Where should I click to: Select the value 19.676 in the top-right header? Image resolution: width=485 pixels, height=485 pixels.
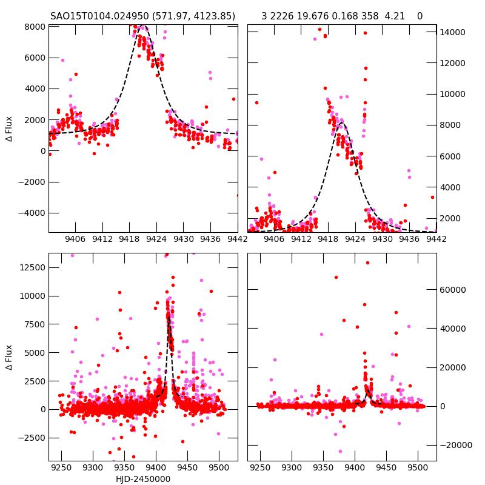(313, 16)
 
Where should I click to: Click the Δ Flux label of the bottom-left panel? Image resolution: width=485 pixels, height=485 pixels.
(9, 358)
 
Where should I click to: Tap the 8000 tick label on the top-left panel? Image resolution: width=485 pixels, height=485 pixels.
(35, 27)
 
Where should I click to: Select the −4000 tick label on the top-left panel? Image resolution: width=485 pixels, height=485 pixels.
(32, 213)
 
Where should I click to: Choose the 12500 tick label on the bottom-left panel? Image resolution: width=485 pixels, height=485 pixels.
(32, 268)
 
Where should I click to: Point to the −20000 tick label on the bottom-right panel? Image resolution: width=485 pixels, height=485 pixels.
(455, 445)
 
